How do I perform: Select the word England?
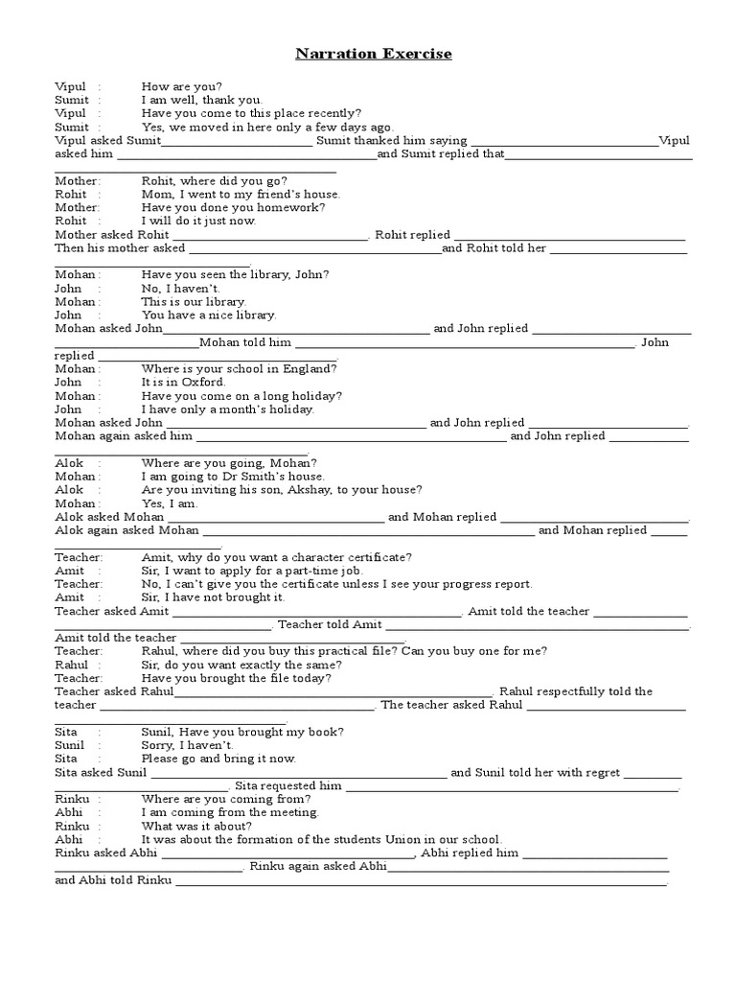308,368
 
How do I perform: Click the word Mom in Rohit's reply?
155,194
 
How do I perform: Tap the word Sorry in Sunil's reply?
159,745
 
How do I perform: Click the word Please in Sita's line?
161,759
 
